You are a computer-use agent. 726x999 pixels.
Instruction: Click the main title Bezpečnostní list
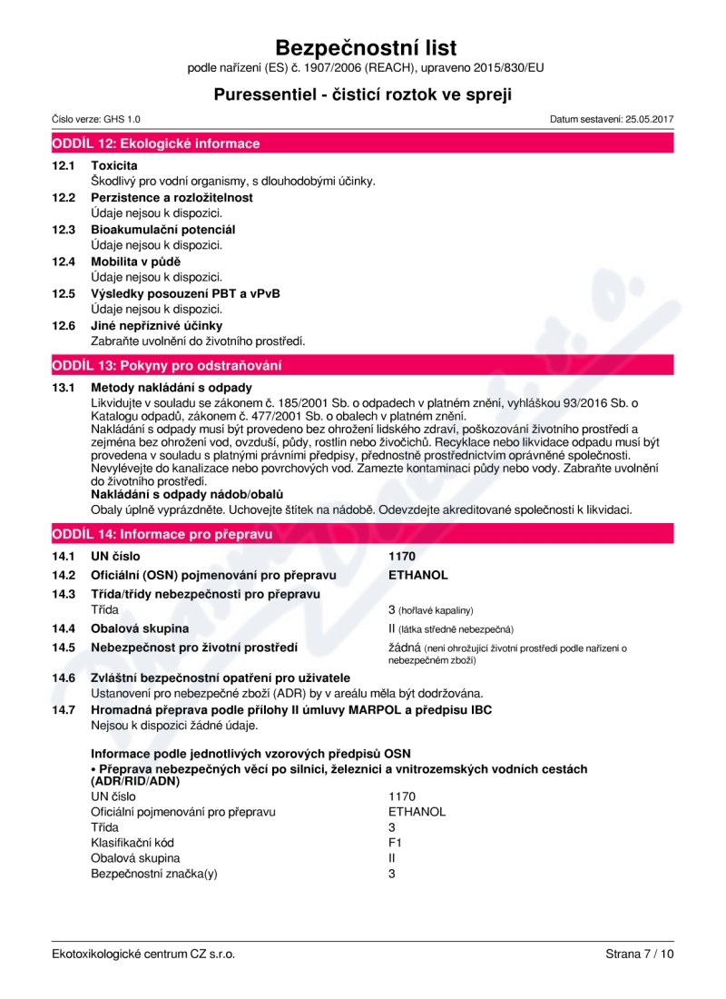click(366, 47)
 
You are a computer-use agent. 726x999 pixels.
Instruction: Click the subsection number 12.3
click(63, 230)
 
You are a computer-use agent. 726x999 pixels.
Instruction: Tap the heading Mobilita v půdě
click(136, 262)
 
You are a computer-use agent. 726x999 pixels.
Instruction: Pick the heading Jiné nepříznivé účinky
click(157, 325)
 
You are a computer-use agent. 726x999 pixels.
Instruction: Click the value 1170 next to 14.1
click(402, 556)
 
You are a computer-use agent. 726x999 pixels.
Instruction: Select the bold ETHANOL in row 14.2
click(417, 575)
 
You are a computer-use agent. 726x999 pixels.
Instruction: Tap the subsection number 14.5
click(63, 648)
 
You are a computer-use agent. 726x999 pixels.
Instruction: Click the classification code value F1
click(395, 843)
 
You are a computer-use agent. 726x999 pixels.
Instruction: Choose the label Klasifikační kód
click(132, 843)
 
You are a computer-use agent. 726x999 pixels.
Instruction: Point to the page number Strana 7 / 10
click(640, 954)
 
